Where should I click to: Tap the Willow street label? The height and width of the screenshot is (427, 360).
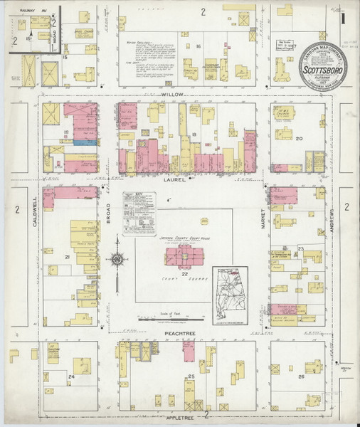(x=174, y=93)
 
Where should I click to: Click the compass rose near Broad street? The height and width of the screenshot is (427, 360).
(x=116, y=260)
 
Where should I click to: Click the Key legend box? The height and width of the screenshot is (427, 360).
(x=139, y=213)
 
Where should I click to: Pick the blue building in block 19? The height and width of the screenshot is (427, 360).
(x=85, y=142)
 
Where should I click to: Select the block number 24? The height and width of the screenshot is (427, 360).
(x=70, y=376)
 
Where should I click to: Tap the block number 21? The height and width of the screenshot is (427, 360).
(x=67, y=256)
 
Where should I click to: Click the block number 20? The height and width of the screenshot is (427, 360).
(x=299, y=139)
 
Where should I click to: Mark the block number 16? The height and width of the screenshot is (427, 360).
(x=199, y=47)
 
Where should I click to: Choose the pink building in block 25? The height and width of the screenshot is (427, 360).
(x=189, y=352)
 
